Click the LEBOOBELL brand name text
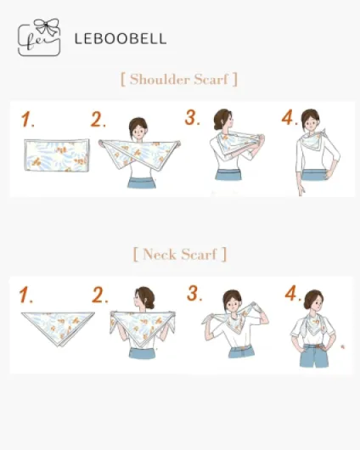coord(121,39)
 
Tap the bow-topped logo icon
coord(39,37)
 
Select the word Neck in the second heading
coord(160,254)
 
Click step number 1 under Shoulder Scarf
coord(27,120)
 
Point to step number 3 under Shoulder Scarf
coord(192,117)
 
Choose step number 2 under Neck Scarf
coord(100,295)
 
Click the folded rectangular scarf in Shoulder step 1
coord(57,155)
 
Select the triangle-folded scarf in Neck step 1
coord(58,329)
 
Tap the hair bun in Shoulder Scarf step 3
coord(217,127)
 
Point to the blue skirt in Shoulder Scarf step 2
coord(141,183)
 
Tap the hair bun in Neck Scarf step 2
coord(150,304)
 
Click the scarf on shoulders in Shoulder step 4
coord(313,140)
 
